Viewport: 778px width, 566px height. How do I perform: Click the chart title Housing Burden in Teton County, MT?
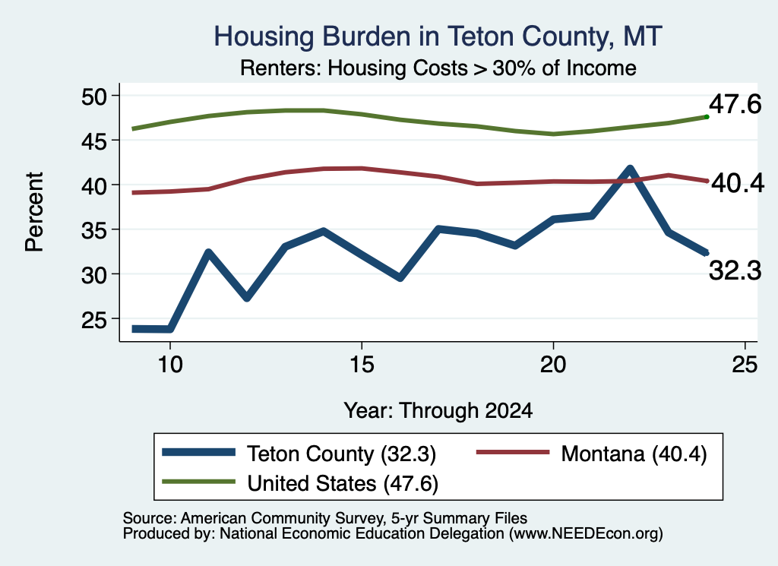tap(438, 36)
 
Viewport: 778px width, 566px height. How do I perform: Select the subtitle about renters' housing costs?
tap(438, 68)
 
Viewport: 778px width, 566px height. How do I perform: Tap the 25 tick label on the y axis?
tap(94, 320)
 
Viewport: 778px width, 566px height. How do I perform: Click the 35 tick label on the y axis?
tap(94, 231)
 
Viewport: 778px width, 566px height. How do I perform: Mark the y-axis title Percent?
tap(34, 212)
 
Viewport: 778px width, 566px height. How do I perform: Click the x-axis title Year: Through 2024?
tap(438, 411)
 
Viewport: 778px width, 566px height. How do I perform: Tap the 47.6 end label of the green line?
tap(735, 104)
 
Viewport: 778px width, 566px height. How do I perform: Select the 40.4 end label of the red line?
tap(738, 184)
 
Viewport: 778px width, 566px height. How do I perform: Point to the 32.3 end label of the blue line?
tap(735, 271)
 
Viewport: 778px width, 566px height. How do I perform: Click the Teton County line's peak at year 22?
tap(630, 169)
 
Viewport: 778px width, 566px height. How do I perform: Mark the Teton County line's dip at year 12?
tap(247, 297)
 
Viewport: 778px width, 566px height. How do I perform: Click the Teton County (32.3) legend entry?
tap(299, 454)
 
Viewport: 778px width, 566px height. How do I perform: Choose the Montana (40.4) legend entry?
tap(591, 454)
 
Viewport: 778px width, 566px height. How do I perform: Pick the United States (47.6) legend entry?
tap(300, 483)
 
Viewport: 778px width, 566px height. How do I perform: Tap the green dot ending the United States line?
tap(707, 117)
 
